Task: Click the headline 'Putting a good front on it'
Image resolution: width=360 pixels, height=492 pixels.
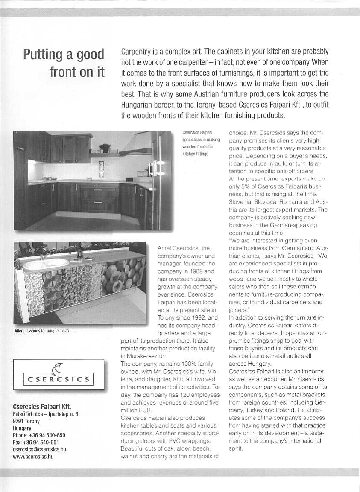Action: coord(64,62)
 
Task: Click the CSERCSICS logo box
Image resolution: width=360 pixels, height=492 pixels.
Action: coord(59,375)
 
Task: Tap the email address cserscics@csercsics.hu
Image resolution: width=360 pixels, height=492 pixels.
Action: coord(40,449)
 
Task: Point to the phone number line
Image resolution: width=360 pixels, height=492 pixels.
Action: coord(39,435)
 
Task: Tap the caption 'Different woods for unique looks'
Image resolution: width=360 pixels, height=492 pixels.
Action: coord(41,331)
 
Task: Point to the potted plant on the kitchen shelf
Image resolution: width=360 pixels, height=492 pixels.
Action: coord(104,148)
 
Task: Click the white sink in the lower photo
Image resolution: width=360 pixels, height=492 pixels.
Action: coord(45,264)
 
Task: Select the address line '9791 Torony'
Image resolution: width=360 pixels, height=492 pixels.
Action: coord(26,421)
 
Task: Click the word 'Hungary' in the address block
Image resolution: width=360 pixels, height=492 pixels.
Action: coord(22,428)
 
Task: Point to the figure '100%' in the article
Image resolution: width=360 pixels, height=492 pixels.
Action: coord(184,364)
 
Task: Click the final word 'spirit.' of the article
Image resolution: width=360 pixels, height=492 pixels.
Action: coord(236,448)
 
